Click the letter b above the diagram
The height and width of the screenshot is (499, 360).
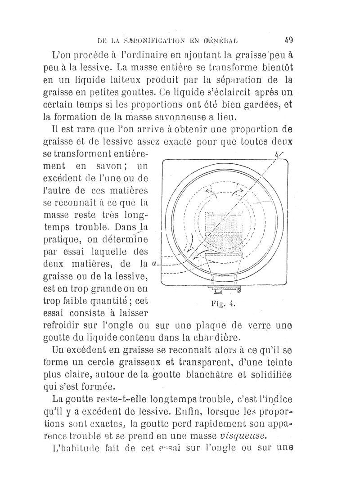[x=276, y=156]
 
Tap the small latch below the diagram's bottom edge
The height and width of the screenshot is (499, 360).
[x=223, y=290]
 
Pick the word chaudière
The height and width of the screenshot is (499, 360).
[x=220, y=337]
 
